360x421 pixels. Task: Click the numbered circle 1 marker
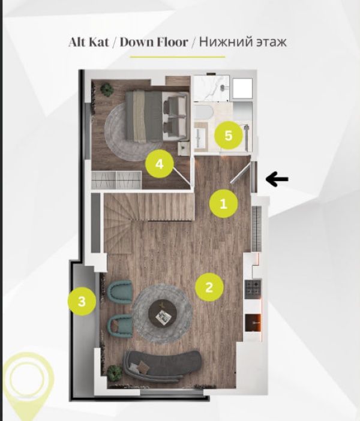224,203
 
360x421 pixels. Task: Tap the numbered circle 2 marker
209,287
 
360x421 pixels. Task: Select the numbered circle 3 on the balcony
82,300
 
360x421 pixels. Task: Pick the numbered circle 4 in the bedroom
160,164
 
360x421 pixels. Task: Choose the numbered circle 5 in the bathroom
229,135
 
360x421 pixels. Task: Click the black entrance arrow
277,179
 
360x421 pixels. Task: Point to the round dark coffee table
163,313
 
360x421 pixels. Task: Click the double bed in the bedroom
157,116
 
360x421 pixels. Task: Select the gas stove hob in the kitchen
253,288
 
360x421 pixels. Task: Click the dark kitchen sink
253,323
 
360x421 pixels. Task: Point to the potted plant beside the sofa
115,372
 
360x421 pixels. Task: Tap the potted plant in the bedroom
107,89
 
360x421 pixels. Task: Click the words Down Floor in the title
154,42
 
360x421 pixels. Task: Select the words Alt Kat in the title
89,42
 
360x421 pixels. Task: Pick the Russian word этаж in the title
271,42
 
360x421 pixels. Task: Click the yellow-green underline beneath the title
178,57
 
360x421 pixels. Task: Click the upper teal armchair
120,292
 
